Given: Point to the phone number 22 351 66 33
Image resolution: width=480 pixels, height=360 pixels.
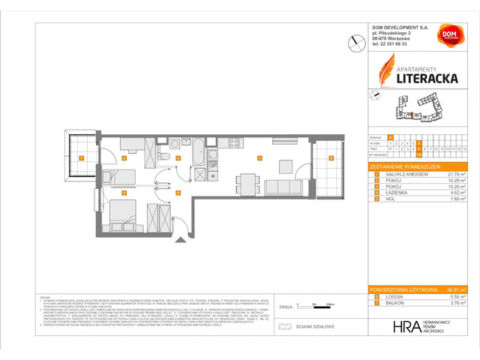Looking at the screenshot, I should click(397, 43).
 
